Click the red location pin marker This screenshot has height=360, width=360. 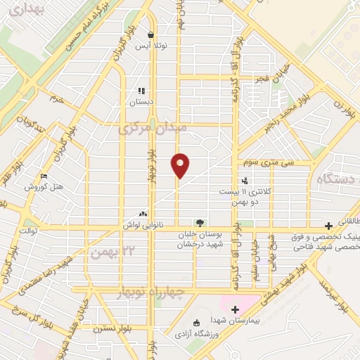coord(181,165)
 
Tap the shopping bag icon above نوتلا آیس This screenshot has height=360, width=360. coord(150,34)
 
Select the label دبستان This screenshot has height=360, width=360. coord(141,102)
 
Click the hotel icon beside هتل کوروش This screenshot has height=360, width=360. coord(44,176)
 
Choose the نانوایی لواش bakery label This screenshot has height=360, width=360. coord(143,224)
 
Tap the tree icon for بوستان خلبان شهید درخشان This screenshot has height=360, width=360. coord(200,223)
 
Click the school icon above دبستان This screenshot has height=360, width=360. coord(141,91)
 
